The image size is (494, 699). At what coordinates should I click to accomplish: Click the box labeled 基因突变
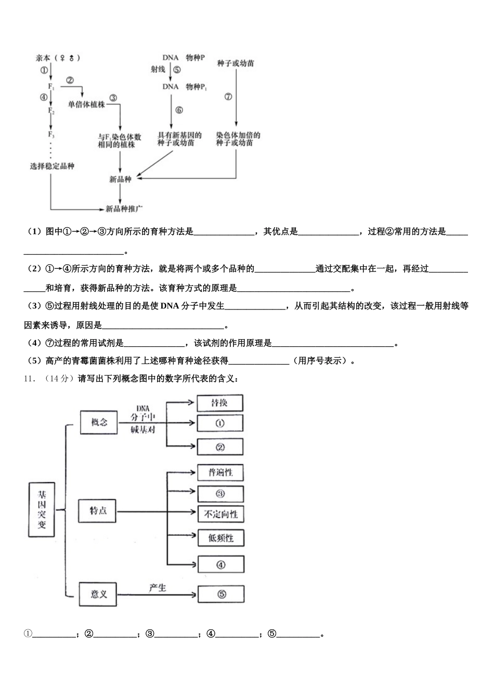[x=41, y=509]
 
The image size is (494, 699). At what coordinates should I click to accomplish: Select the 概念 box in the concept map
[x=99, y=422]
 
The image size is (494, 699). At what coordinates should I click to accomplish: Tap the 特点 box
[x=98, y=511]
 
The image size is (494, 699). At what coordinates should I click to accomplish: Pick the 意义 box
[x=98, y=594]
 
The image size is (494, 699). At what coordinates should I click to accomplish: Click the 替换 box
[x=219, y=403]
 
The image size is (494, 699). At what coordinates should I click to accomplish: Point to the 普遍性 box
[x=220, y=472]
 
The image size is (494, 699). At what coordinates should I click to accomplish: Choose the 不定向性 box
[x=220, y=514]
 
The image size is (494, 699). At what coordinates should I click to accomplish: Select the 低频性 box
[x=220, y=538]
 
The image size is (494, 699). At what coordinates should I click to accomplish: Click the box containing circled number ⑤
[x=221, y=594]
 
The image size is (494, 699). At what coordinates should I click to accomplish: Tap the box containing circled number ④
[x=220, y=565]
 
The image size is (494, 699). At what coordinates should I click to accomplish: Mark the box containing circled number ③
[x=220, y=494]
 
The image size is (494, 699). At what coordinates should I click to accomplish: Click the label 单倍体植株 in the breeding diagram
[x=86, y=104]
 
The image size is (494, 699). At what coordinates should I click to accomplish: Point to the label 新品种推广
[x=124, y=209]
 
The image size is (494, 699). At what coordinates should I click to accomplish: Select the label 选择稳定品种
[x=52, y=166]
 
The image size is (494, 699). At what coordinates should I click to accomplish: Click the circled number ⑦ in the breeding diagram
[x=228, y=97]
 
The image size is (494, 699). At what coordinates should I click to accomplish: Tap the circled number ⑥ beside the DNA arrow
[x=179, y=110]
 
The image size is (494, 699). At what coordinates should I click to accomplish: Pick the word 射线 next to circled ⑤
[x=158, y=70]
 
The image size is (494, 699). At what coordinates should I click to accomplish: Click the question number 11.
[x=29, y=379]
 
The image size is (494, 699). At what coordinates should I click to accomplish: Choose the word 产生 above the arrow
[x=157, y=588]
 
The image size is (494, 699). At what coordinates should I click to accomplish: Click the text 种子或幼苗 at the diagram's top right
[x=236, y=63]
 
